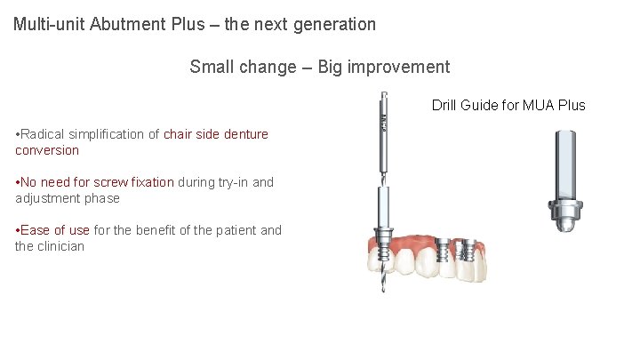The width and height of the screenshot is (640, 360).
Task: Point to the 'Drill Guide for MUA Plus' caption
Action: point(508,105)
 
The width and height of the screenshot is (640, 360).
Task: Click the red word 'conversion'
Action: point(47,150)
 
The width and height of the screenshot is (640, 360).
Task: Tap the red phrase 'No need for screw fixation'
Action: point(95,182)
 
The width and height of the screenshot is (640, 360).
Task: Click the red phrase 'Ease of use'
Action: point(53,230)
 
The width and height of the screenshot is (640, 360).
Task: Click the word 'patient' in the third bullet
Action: point(232,230)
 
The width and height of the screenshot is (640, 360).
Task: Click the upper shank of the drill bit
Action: point(383,133)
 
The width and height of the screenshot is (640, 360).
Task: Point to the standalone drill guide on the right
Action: point(566,178)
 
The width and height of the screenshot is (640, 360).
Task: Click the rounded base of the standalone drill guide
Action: point(566,222)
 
